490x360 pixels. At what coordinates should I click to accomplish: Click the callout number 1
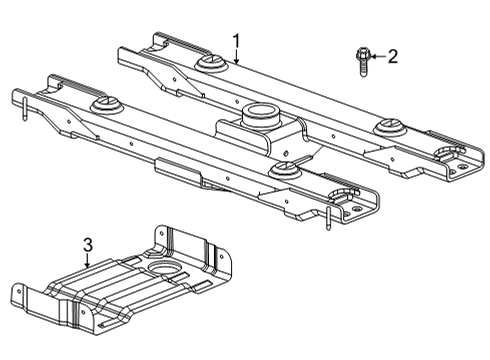(x=236, y=41)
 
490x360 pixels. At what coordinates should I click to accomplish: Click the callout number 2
(x=392, y=57)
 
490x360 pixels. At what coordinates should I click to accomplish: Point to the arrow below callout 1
(x=236, y=58)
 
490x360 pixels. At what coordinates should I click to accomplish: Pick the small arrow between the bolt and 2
(x=375, y=57)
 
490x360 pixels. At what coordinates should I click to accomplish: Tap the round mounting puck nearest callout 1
(x=211, y=66)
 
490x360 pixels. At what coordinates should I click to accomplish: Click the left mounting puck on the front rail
(x=103, y=105)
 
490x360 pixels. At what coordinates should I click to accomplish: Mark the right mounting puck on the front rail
(x=284, y=171)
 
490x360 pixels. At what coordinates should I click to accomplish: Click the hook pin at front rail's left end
(x=21, y=104)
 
